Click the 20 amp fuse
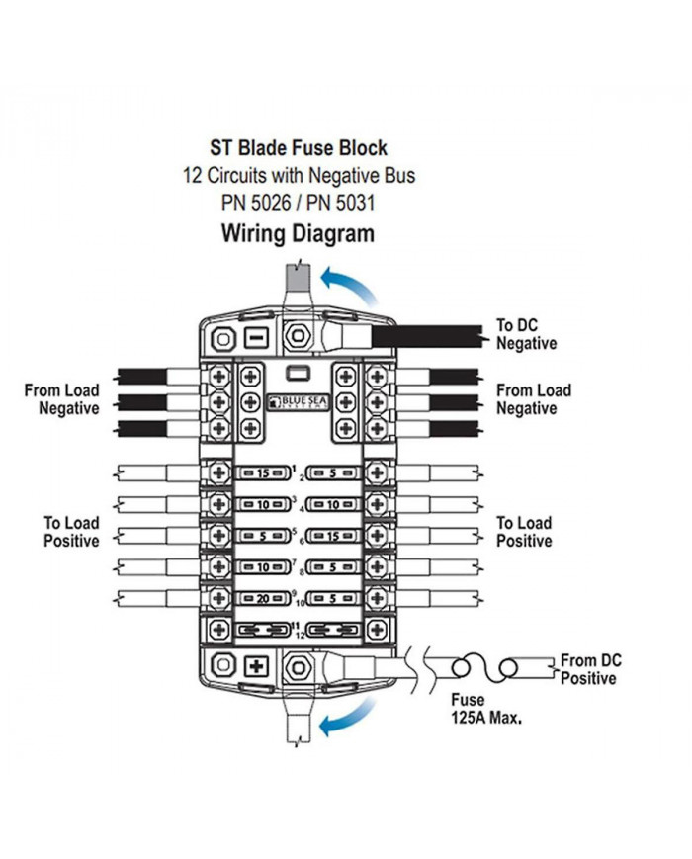264,600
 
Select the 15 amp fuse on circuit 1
264,473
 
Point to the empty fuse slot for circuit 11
264,630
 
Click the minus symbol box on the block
255,338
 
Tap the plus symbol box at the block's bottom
256,665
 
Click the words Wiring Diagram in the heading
298,234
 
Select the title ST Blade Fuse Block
298,148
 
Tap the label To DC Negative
526,334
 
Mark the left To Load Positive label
70,532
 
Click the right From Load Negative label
533,399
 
